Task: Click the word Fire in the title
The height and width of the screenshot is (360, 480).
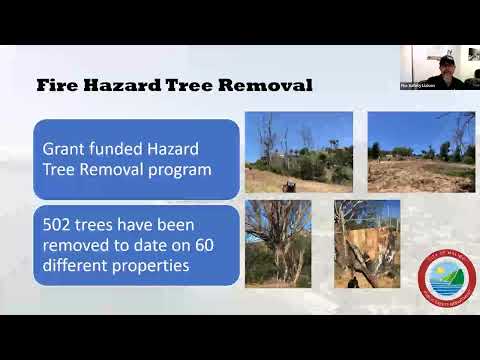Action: pyautogui.click(x=57, y=85)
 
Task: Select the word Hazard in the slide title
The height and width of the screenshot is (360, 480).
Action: pyautogui.click(x=122, y=85)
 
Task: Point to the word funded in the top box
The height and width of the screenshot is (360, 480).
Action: pyautogui.click(x=125, y=148)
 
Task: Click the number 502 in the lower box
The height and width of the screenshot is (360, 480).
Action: pyautogui.click(x=61, y=226)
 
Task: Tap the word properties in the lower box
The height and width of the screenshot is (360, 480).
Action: pyautogui.click(x=155, y=268)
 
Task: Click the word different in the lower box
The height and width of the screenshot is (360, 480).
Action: pyautogui.click(x=79, y=268)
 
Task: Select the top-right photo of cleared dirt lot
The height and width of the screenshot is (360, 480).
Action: pyautogui.click(x=420, y=151)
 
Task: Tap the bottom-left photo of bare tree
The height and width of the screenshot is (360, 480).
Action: pyautogui.click(x=277, y=243)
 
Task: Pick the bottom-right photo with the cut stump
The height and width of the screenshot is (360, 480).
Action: pyautogui.click(x=366, y=243)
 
